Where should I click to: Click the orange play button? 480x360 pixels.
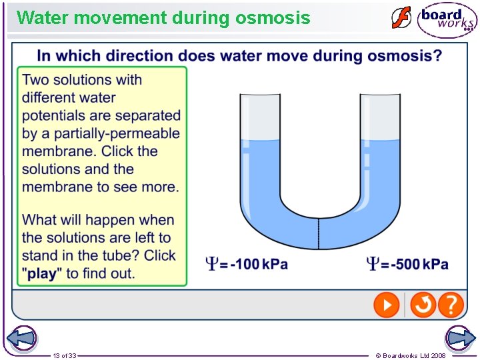[386, 306]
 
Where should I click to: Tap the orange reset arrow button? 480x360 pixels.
[422, 306]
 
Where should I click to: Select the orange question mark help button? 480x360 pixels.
[451, 306]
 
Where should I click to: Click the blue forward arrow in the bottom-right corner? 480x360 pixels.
[460, 338]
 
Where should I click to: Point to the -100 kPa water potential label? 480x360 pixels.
[247, 264]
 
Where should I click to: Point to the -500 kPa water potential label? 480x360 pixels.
[407, 264]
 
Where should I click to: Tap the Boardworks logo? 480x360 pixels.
[447, 20]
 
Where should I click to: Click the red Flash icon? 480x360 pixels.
[401, 18]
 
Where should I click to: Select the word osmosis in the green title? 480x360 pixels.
[273, 18]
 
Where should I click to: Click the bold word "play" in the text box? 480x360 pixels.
[41, 273]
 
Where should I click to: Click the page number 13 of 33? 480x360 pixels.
[65, 356]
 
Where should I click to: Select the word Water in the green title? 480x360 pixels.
[43, 18]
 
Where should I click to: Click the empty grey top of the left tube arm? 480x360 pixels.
[260, 117]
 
